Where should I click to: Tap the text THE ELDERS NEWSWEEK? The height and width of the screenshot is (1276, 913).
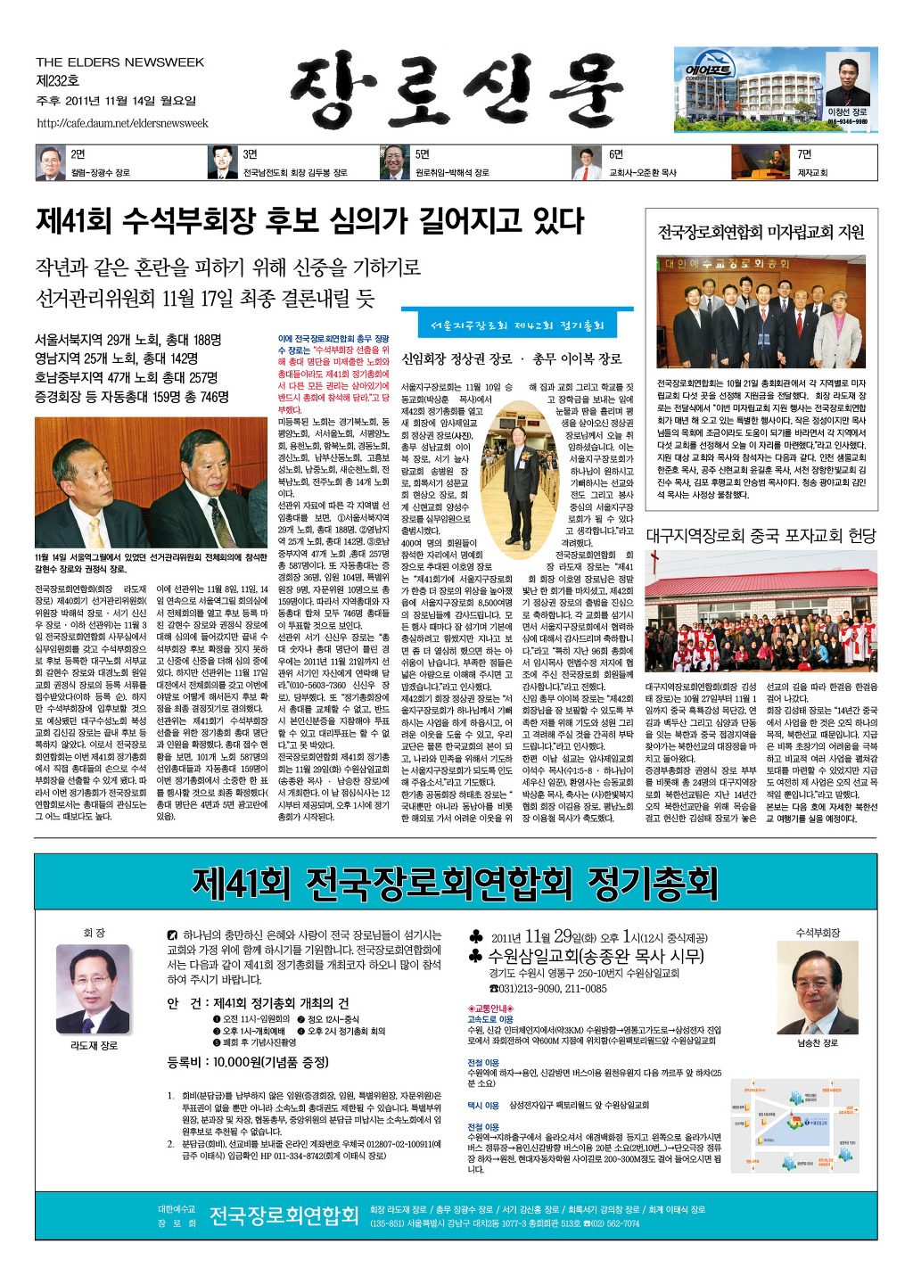tap(120, 62)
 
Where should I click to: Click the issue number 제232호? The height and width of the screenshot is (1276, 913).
tap(58, 81)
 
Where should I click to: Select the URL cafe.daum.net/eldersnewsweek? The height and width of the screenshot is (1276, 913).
tap(122, 123)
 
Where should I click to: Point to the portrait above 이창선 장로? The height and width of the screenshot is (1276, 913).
tap(846, 82)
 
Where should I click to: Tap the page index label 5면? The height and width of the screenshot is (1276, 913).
tap(423, 154)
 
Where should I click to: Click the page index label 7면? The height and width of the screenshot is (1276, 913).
tap(804, 154)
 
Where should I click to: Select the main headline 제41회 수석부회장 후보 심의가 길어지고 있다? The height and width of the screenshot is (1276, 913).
tap(310, 219)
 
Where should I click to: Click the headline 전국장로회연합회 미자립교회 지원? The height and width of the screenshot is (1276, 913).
tap(761, 232)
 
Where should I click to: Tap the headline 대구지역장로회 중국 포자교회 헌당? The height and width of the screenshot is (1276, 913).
tap(761, 535)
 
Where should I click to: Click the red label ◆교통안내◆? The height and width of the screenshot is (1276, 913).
tap(489, 1008)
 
